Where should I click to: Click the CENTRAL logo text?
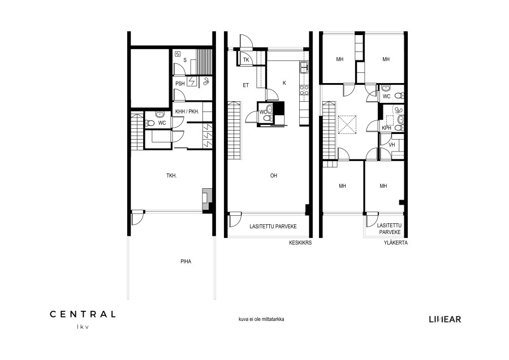click(x=83, y=314)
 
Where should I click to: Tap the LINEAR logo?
click(x=445, y=319)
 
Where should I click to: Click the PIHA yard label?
click(x=186, y=262)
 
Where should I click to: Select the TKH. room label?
click(x=171, y=176)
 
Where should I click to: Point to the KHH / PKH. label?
click(x=187, y=111)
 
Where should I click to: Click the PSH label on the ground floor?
click(x=180, y=84)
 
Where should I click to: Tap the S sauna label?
click(x=185, y=60)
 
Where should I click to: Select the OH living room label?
click(x=274, y=176)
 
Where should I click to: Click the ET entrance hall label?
click(x=246, y=85)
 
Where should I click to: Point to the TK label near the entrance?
click(x=246, y=60)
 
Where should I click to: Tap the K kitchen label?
click(x=284, y=83)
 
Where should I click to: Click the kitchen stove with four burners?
click(x=304, y=90)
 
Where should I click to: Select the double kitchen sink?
click(x=304, y=67)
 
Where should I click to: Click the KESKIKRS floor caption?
click(x=300, y=242)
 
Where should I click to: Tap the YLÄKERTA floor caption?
click(x=396, y=242)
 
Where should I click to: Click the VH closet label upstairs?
click(x=392, y=145)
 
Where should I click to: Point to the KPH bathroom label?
click(x=387, y=128)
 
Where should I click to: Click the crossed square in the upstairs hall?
click(x=347, y=125)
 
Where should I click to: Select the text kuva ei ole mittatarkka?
click(x=261, y=319)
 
